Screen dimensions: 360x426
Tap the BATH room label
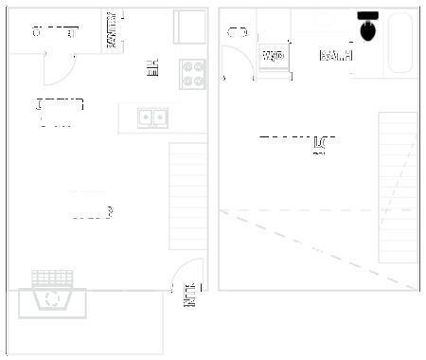pos(336,56)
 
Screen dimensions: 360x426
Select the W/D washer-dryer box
pos(274,56)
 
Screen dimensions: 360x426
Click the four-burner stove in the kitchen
pos(193,73)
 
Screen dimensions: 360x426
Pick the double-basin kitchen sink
pos(152,117)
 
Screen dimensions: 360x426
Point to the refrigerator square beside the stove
pos(189,27)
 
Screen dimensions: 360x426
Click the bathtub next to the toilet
pos(400,45)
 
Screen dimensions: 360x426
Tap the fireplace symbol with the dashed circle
pos(51,299)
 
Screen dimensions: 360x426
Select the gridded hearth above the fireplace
pos(52,278)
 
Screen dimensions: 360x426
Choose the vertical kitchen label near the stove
pos(152,68)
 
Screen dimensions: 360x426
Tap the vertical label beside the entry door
pos(189,297)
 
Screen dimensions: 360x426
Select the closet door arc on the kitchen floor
pos(60,68)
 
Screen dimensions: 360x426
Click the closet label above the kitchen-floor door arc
pos(54,33)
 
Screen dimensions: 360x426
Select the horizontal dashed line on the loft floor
pos(317,210)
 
